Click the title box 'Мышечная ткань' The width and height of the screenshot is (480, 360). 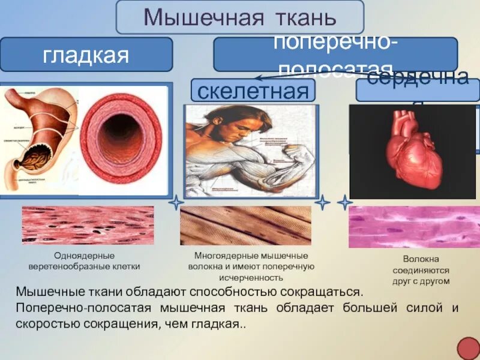239,17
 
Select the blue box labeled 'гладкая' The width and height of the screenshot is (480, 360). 86,55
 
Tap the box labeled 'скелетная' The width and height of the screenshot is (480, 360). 253,91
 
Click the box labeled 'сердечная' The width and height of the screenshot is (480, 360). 418,89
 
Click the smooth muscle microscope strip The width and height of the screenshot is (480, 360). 88,225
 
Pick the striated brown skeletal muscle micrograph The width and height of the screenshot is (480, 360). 245,226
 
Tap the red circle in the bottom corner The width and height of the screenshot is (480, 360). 468,349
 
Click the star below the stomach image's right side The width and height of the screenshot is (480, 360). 175,203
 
